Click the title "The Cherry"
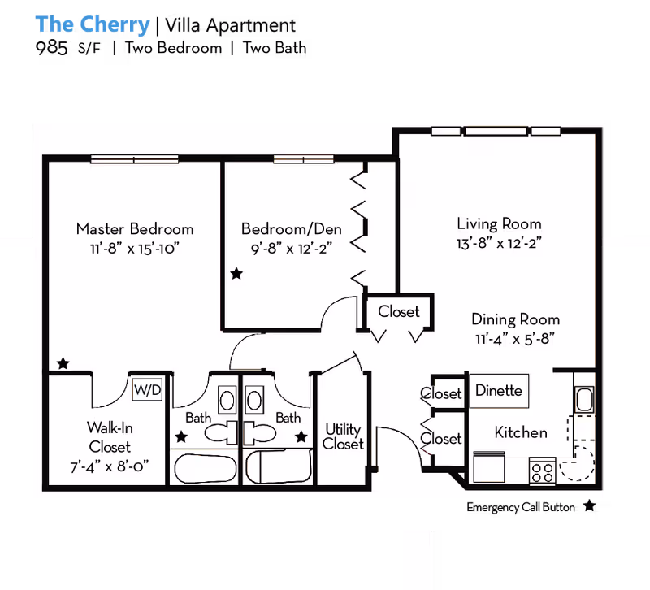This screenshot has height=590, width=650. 93,24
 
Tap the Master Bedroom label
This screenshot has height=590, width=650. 135,228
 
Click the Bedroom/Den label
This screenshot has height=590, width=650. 291,228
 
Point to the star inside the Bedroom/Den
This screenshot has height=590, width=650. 236,275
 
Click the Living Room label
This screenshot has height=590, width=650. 499,223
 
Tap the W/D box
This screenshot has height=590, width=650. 148,390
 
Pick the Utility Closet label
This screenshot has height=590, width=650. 343,436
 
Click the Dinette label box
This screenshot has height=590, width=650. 498,391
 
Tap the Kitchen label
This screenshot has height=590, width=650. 521,432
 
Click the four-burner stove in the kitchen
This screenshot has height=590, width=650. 542,470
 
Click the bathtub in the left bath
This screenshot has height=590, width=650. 203,469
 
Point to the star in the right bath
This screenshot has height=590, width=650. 301,437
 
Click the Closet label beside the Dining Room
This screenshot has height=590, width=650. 399,312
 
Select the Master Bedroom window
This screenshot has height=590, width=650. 123,159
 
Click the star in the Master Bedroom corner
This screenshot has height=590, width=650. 62,362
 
